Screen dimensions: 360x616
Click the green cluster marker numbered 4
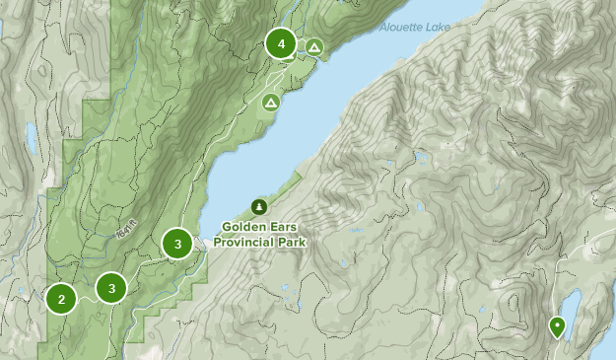(x=282, y=44)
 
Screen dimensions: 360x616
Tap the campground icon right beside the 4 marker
(x=314, y=46)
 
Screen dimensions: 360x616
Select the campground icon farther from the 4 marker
(x=269, y=102)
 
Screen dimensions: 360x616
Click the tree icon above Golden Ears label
(x=259, y=206)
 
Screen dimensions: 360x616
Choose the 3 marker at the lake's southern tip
(x=177, y=244)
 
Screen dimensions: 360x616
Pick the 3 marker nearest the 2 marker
(x=111, y=288)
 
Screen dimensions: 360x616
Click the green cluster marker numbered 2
(x=61, y=299)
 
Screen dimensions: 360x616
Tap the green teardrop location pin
(x=557, y=326)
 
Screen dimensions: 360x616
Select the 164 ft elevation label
(x=123, y=230)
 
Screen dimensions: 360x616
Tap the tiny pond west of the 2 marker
(x=21, y=292)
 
